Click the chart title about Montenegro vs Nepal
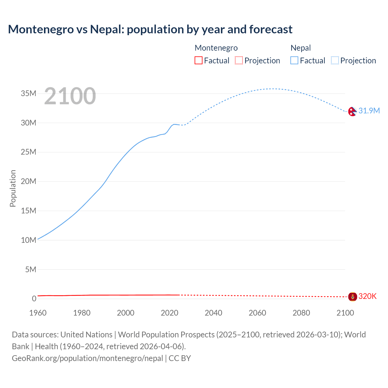(x=150, y=29)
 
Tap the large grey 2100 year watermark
(x=70, y=96)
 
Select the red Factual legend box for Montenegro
(x=198, y=60)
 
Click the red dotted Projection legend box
(x=239, y=60)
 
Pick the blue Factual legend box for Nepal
(x=294, y=60)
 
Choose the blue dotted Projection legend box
(x=335, y=60)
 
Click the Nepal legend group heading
(x=300, y=48)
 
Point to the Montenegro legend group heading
(x=216, y=48)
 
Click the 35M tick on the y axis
(x=28, y=93)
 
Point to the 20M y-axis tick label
(x=28, y=181)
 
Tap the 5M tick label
(x=31, y=269)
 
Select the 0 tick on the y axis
(x=34, y=299)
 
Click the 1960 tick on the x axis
(x=38, y=313)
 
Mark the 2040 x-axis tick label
(x=213, y=313)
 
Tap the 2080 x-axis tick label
(x=301, y=313)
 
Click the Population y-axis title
(x=13, y=188)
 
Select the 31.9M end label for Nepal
(x=369, y=111)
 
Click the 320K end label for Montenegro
(x=367, y=296)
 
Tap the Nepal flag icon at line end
(x=352, y=112)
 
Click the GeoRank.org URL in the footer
(x=87, y=358)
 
